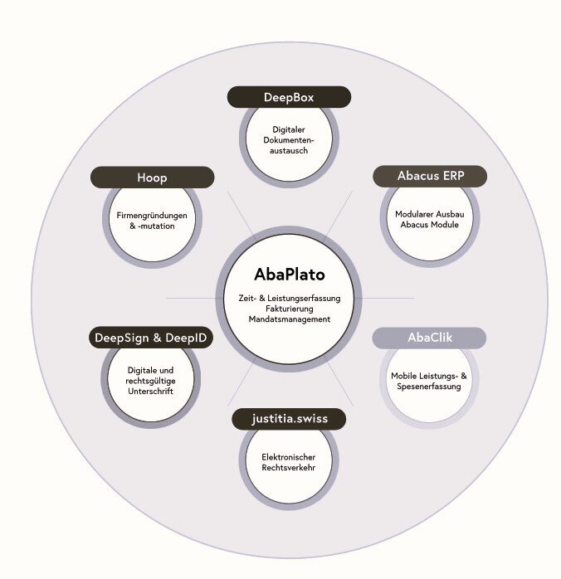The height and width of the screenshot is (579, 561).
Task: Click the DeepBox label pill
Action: [x=289, y=97]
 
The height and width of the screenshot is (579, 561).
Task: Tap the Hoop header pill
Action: [x=152, y=178]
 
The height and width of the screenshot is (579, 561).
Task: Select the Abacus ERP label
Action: [x=429, y=176]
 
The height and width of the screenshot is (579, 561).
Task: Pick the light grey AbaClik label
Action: [x=429, y=338]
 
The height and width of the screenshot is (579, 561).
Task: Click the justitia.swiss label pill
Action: [x=289, y=419]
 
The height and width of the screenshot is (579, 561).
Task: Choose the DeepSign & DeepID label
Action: [x=151, y=338]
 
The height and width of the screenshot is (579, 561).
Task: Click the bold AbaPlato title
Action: [x=290, y=274]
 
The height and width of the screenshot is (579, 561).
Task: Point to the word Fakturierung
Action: [x=290, y=308]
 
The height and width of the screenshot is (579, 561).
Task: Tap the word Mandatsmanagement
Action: [x=290, y=319]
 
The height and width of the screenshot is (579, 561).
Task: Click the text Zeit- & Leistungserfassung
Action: [x=290, y=297]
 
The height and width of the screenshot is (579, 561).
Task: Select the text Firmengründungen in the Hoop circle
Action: [x=152, y=216]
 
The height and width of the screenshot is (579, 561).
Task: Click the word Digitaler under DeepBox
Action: [x=290, y=129]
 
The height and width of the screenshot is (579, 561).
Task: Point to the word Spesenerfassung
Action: [x=429, y=387]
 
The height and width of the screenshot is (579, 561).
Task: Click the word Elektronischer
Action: [x=289, y=457]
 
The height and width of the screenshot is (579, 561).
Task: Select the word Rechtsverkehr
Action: [x=289, y=468]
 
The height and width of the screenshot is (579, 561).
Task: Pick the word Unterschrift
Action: [x=151, y=392]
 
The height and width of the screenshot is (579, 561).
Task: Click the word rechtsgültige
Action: [x=151, y=381]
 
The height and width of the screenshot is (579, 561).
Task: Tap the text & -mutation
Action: [x=152, y=226]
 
